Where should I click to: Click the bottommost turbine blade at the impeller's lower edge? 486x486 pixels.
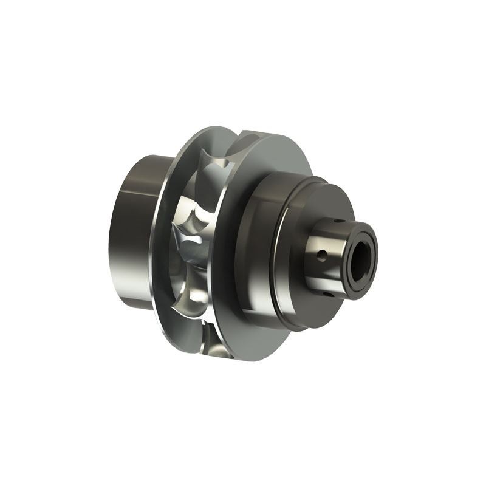point(210,340)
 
